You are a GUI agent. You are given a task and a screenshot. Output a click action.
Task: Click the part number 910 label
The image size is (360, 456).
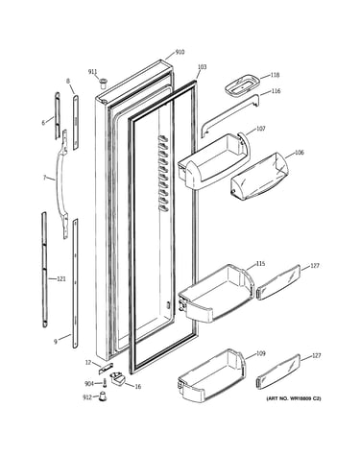pyautogui.click(x=180, y=52)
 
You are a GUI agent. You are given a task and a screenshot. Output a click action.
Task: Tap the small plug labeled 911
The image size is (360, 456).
pyautogui.click(x=103, y=84)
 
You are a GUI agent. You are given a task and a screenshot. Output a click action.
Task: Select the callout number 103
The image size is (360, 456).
pyautogui.click(x=202, y=67)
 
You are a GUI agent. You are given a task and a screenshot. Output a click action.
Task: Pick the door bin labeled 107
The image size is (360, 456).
pyautogui.click(x=213, y=161)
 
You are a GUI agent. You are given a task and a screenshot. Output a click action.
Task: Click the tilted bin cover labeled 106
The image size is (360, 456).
pyautogui.click(x=259, y=177)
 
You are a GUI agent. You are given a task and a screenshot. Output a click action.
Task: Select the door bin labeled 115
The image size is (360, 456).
pyautogui.click(x=216, y=294)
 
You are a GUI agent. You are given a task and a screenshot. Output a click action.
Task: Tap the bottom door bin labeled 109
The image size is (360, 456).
pyautogui.click(x=211, y=375)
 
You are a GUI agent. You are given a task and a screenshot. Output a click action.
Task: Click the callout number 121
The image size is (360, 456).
pyautogui.click(x=60, y=279)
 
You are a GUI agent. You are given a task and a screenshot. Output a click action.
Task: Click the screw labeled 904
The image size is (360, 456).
pyautogui.click(x=104, y=383)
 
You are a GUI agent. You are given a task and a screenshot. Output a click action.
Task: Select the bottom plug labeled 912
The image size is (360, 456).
pyautogui.click(x=102, y=396)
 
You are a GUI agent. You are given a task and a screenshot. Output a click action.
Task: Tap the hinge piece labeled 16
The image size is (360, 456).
pyautogui.click(x=117, y=377)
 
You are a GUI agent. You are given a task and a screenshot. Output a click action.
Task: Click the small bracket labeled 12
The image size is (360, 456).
pyautogui.click(x=106, y=369)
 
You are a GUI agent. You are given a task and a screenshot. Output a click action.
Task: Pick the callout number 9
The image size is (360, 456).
pyautogui.click(x=56, y=342)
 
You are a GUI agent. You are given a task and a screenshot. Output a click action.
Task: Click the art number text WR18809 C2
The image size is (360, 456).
pyautogui.click(x=301, y=398)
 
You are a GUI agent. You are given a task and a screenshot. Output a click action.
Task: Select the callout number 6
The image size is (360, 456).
pyautogui.click(x=43, y=123)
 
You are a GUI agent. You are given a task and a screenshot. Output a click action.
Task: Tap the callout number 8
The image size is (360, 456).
pyautogui.click(x=68, y=82)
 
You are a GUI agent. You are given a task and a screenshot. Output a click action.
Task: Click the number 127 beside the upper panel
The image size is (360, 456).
pyautogui.click(x=315, y=266)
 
